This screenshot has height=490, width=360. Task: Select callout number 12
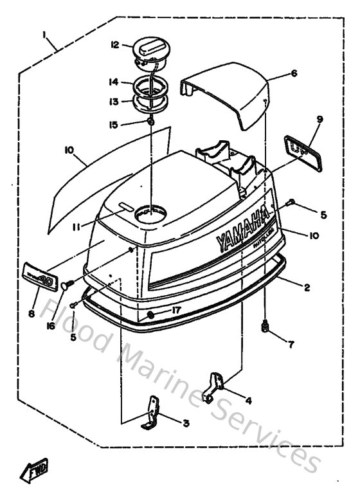(x=115, y=45)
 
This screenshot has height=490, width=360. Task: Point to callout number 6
(x=294, y=73)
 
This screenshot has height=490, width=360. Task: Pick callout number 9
(x=319, y=119)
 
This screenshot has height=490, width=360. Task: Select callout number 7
(x=291, y=345)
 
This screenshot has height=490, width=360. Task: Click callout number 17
(x=177, y=310)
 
